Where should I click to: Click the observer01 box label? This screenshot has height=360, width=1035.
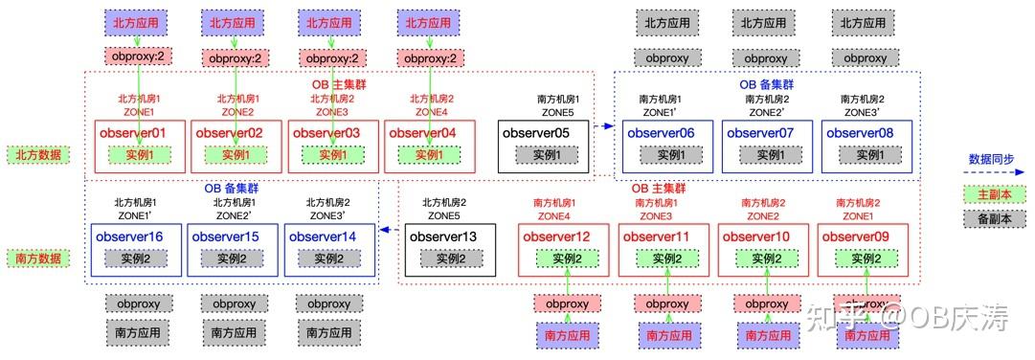(133, 132)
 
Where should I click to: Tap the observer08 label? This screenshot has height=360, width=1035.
(859, 132)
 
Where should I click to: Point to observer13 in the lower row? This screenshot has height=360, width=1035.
(442, 236)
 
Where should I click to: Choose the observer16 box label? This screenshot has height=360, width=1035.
(128, 236)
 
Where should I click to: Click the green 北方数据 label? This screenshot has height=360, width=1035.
(38, 154)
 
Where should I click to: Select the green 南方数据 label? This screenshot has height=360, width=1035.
(38, 259)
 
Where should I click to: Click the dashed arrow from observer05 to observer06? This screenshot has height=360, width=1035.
(603, 125)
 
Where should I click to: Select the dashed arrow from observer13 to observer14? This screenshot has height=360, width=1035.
(389, 230)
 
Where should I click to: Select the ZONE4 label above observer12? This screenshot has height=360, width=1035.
(554, 216)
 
